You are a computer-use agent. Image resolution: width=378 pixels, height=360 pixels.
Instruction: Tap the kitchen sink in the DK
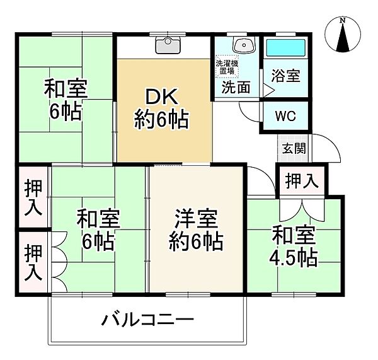168,45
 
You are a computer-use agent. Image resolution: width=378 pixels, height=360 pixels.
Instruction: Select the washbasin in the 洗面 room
244,45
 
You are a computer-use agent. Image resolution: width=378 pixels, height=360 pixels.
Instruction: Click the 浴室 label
285,76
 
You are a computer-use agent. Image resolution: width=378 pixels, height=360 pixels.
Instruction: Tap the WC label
285,117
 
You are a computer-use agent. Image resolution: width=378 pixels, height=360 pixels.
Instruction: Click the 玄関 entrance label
294,148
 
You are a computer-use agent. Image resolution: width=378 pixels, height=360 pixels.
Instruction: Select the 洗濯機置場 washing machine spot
227,67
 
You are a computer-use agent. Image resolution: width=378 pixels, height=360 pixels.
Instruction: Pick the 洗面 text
236,87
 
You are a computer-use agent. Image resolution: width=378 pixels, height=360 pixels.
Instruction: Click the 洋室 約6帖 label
196,230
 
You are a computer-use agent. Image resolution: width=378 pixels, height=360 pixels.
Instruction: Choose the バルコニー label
148,320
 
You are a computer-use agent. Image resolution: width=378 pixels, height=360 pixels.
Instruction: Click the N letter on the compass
342,21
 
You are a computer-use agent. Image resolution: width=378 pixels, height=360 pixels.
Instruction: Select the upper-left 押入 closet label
33,197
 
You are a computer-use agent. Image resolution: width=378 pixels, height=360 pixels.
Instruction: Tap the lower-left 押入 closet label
33,262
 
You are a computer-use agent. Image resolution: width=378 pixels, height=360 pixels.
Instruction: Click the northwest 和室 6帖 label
66,101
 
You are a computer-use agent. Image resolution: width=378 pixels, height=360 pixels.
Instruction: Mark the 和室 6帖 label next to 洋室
98,230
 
